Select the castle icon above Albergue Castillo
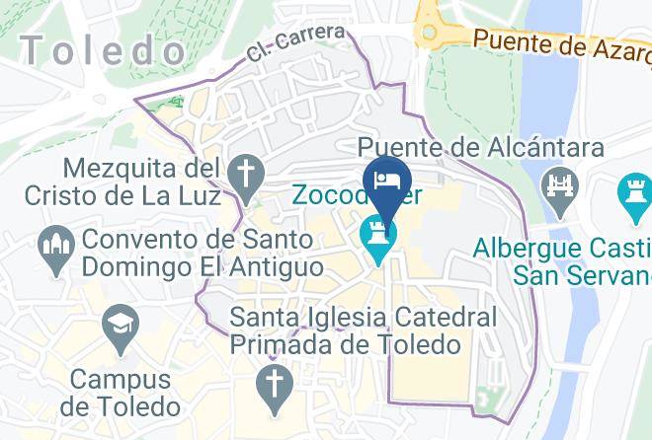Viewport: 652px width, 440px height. (x=633, y=189)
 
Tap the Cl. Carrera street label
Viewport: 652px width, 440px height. (x=296, y=44)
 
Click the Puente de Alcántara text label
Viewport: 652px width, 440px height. (x=481, y=148)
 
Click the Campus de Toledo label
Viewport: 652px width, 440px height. (x=121, y=391)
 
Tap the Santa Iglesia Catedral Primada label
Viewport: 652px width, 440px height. (x=364, y=331)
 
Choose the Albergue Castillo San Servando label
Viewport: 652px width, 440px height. (x=561, y=258)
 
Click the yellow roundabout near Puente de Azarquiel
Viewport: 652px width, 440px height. (x=431, y=33)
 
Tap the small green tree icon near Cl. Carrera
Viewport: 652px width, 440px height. (x=178, y=102)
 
